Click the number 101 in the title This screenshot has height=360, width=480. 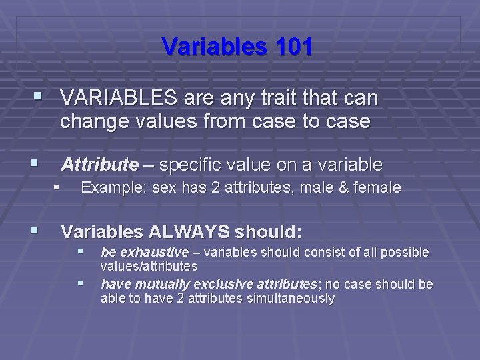[287, 47]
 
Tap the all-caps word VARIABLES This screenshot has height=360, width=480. [118, 99]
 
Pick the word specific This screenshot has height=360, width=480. [193, 164]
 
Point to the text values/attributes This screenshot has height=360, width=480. [149, 266]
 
